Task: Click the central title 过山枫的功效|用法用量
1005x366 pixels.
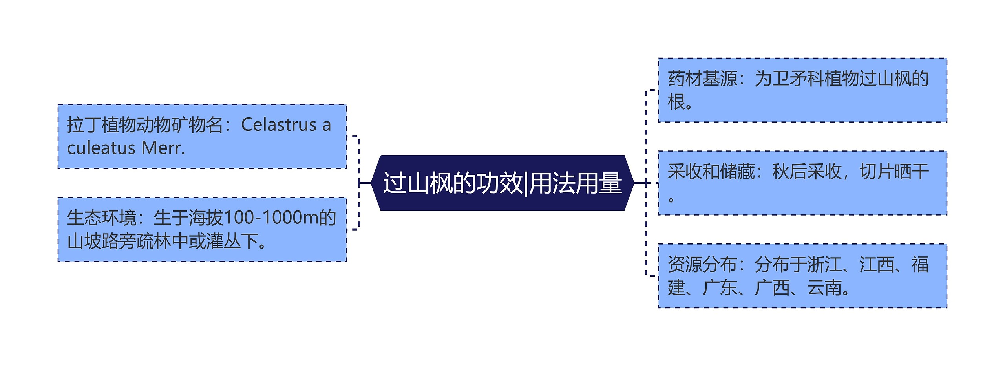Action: point(502,183)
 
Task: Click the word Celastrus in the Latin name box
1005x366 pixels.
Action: point(279,125)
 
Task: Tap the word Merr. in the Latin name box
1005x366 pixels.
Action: point(163,148)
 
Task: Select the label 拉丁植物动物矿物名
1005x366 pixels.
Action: point(145,125)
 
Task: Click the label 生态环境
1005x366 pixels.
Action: point(101,218)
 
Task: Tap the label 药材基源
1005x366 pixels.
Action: point(702,79)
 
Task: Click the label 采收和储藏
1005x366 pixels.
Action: point(711,172)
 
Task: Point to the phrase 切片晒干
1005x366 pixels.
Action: point(894,172)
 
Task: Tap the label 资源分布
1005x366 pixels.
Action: point(702,264)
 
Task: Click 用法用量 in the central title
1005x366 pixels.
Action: point(576,183)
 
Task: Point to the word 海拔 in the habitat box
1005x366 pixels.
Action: point(206,218)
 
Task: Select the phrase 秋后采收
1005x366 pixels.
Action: point(807,172)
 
